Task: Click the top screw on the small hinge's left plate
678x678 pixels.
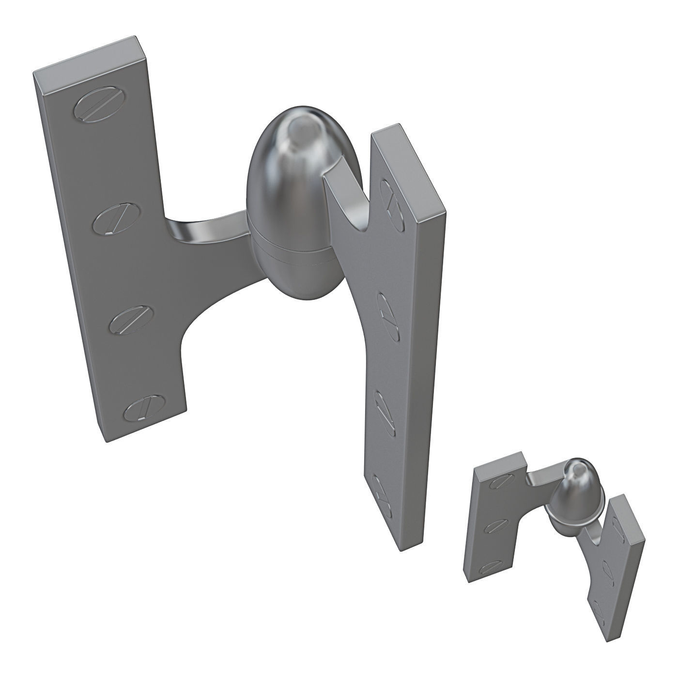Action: tap(502, 481)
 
